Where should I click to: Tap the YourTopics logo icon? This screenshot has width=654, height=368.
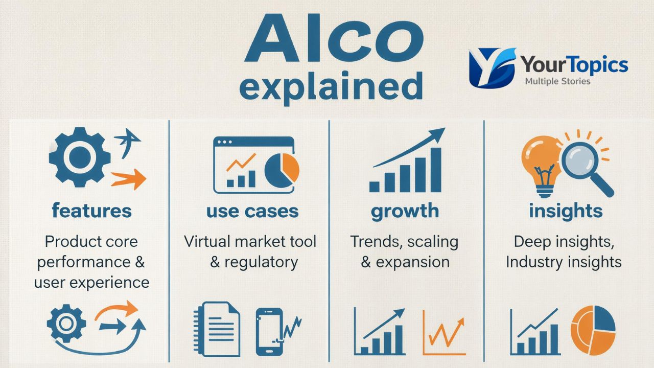tap(492, 67)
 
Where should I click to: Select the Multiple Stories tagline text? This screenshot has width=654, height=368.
tap(557, 81)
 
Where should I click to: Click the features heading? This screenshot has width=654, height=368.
tap(91, 211)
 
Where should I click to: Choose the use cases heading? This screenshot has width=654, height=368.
tap(252, 211)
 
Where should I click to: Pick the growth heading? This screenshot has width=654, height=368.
tap(405, 211)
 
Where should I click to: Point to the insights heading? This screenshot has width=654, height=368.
tap(566, 211)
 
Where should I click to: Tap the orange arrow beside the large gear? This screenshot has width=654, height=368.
tap(128, 178)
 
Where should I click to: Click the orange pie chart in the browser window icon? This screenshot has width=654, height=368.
tap(283, 169)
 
